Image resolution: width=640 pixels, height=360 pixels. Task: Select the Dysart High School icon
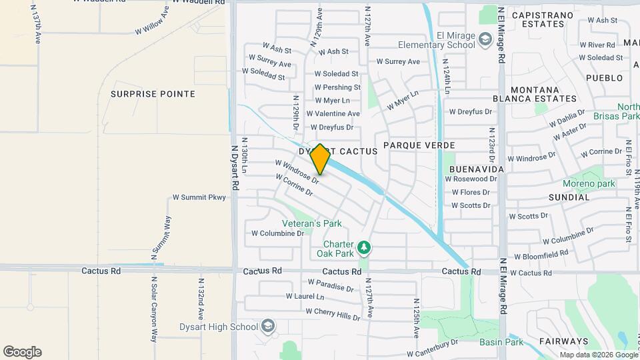tap(268, 326)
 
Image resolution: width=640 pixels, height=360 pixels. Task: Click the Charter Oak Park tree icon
tap(364, 249)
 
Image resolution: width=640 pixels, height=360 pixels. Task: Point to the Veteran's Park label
tap(302, 223)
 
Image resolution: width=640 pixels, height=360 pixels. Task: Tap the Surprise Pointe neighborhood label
tap(153, 94)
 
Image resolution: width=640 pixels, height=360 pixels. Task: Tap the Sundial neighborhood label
tap(569, 197)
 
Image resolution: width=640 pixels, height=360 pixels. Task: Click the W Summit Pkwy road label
tap(199, 197)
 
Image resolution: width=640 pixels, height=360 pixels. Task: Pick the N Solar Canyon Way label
tap(153, 309)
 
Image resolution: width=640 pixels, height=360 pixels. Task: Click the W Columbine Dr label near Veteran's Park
tap(277, 233)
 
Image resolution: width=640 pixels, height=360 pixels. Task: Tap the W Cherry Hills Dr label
tap(333, 313)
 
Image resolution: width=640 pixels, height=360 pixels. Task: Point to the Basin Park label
tap(501, 343)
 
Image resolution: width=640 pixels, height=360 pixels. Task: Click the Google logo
tap(22, 352)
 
